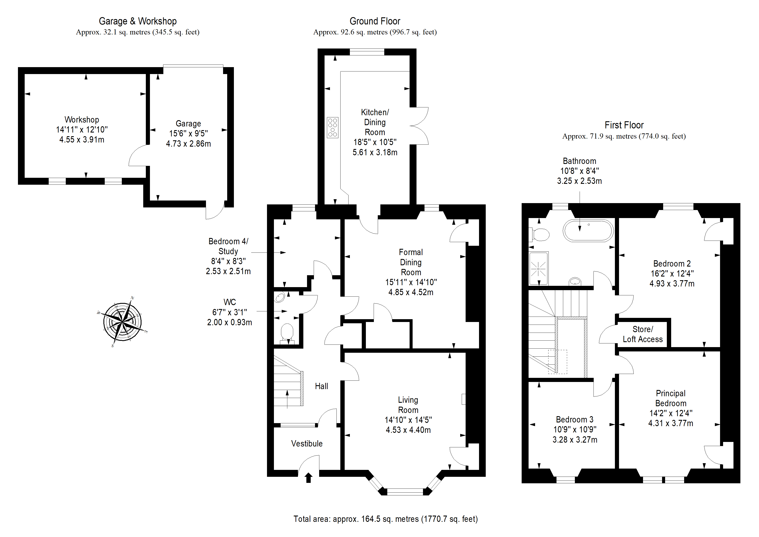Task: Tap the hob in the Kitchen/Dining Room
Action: (333, 127)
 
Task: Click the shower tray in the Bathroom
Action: (539, 268)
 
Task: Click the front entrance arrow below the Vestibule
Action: (309, 478)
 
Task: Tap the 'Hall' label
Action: (321, 386)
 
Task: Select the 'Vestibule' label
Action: (307, 444)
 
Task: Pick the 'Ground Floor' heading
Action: (375, 21)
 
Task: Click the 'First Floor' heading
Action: (624, 125)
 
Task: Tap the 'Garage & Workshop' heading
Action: (138, 21)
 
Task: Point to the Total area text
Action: (386, 519)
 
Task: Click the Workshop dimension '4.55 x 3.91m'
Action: (82, 140)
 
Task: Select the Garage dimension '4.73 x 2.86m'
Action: (188, 144)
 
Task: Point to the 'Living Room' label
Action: (408, 405)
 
